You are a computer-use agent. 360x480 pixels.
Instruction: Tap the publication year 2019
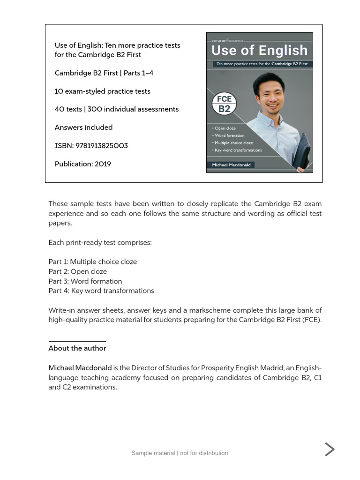(103, 164)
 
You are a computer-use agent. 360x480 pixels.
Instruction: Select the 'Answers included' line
(83, 127)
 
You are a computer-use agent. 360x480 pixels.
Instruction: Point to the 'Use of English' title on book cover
(259, 50)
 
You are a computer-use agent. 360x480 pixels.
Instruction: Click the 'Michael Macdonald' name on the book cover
(231, 165)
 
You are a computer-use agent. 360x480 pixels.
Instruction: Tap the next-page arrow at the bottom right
(330, 449)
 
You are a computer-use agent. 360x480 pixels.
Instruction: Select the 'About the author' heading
(77, 348)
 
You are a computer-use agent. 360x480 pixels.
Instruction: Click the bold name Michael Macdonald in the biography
(80, 368)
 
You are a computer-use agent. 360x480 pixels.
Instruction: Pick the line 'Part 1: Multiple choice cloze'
(93, 262)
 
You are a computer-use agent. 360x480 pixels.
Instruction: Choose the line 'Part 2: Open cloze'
(78, 272)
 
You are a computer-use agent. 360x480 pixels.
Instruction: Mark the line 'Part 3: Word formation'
(85, 281)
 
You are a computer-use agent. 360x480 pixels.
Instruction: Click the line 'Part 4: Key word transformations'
(101, 291)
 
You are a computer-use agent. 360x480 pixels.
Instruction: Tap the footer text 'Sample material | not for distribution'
(180, 453)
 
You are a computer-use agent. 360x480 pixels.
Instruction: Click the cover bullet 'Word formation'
(229, 135)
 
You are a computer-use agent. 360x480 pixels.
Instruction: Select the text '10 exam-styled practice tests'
(103, 91)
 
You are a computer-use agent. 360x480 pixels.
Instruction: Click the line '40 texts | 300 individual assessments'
(117, 109)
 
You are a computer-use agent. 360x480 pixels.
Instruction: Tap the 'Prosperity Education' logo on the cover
(227, 41)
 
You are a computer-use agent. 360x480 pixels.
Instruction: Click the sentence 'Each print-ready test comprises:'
(100, 243)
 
